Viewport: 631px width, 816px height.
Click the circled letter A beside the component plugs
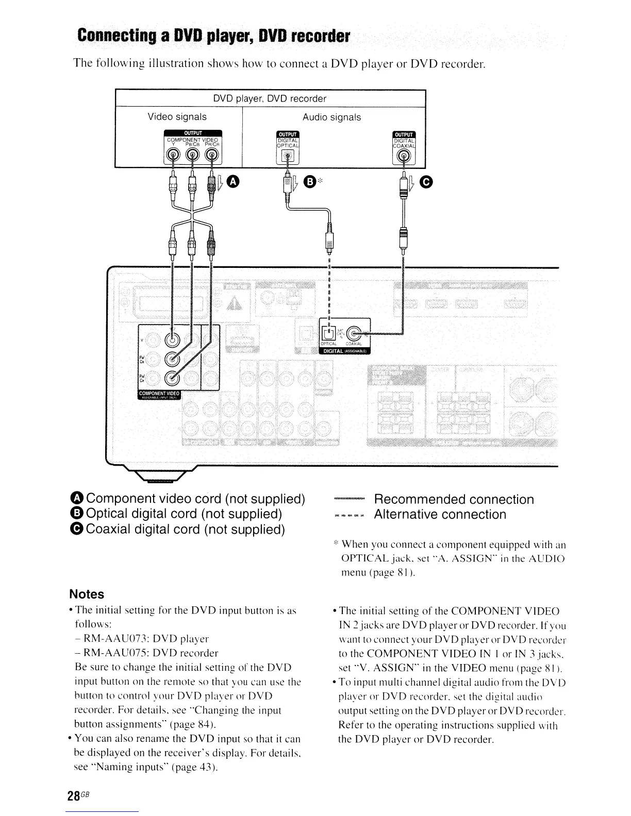(x=234, y=181)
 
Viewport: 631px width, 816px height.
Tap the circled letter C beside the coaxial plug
(x=426, y=181)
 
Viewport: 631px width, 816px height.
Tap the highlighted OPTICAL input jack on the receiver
(x=328, y=333)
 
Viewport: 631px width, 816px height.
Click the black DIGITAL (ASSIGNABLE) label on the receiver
(x=344, y=351)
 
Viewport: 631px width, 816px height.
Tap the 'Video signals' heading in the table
(x=177, y=117)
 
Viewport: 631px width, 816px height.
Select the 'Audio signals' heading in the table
(x=331, y=117)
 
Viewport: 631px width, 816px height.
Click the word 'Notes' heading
(x=87, y=594)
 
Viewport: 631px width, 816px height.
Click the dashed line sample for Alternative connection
(x=349, y=515)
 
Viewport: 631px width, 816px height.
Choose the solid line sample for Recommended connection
(x=349, y=499)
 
